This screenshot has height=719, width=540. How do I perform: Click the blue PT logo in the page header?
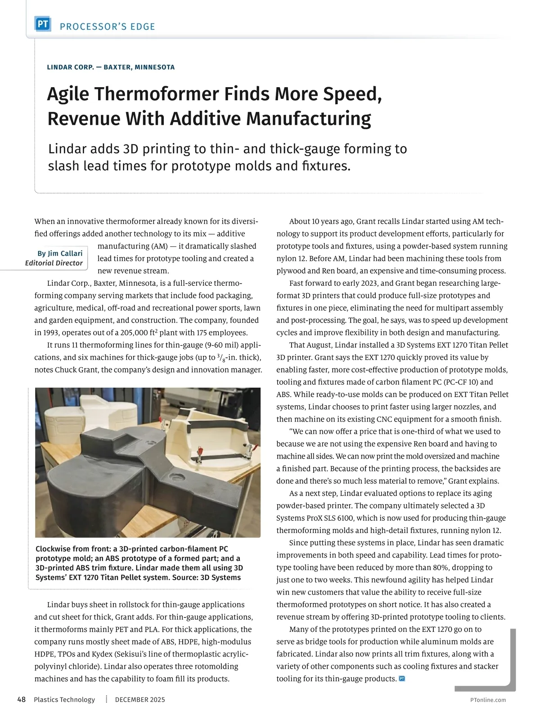coord(43,24)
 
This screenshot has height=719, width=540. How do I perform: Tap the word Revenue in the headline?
coord(84,119)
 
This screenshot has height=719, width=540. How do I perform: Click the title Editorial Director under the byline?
coord(54,263)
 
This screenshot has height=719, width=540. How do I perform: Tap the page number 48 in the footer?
coord(22,700)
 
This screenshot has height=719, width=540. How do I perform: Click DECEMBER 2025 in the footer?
coord(140,700)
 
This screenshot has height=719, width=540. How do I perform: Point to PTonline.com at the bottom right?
coord(488,700)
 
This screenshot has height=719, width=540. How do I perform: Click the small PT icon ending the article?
coord(402,679)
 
